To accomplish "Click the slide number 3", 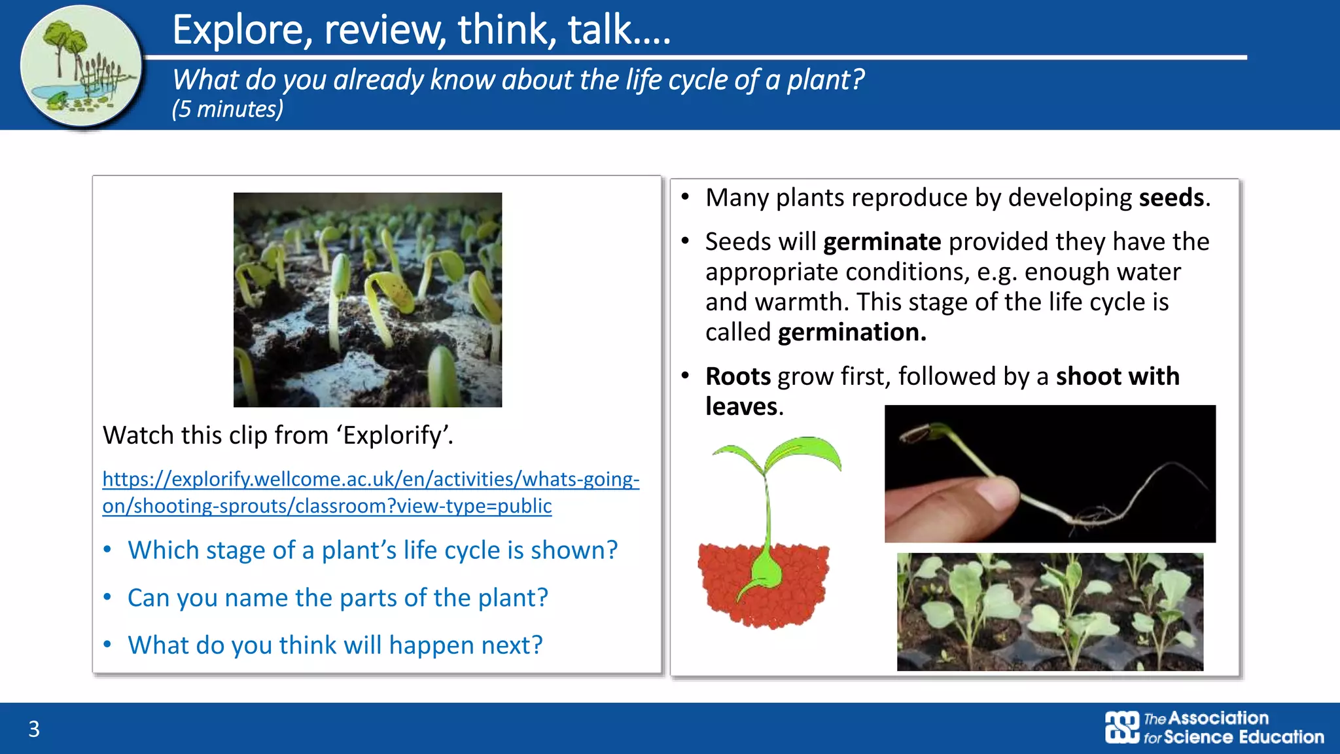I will (34, 728).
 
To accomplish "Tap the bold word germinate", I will (881, 242).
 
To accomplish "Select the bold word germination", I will (851, 332).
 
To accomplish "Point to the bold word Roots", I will (738, 377).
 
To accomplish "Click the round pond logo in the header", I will (80, 65).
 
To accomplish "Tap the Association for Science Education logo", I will (1214, 728).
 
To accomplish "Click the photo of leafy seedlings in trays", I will (1049, 612).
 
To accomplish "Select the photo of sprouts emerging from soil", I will (368, 299).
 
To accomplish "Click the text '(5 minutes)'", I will (228, 109).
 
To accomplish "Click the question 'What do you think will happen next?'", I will (335, 645).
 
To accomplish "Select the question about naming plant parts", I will (338, 598).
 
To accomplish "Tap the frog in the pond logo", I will (56, 99).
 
